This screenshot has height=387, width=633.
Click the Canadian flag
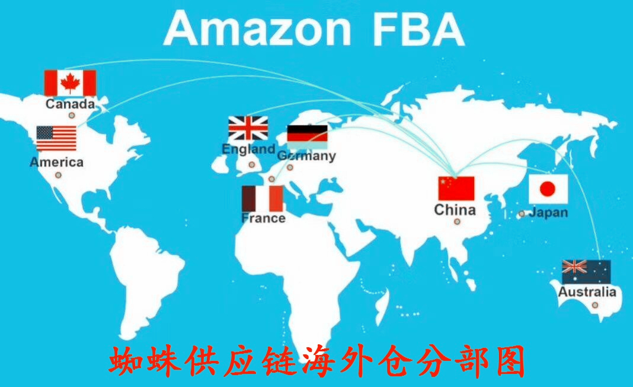(x=71, y=83)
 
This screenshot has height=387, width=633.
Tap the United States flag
(x=56, y=138)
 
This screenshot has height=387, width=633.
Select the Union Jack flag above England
(x=248, y=128)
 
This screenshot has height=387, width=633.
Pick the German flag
(x=307, y=137)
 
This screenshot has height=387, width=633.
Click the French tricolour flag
(x=263, y=199)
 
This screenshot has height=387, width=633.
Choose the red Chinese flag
(x=456, y=188)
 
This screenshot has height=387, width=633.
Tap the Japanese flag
(x=548, y=189)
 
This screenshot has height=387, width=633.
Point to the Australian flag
(x=587, y=272)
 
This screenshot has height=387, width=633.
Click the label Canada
(x=71, y=104)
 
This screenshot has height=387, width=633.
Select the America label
(x=56, y=162)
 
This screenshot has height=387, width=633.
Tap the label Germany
(x=306, y=156)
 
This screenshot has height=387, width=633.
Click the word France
(x=263, y=218)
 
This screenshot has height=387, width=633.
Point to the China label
(x=455, y=210)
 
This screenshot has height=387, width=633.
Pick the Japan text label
(x=549, y=212)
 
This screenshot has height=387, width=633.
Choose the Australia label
(x=587, y=291)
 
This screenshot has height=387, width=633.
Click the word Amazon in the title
(x=258, y=29)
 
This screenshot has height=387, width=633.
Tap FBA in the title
(x=418, y=29)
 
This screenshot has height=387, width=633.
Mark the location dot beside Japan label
(x=522, y=214)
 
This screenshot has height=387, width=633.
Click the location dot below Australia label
(x=594, y=305)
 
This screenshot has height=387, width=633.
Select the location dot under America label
(x=59, y=175)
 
